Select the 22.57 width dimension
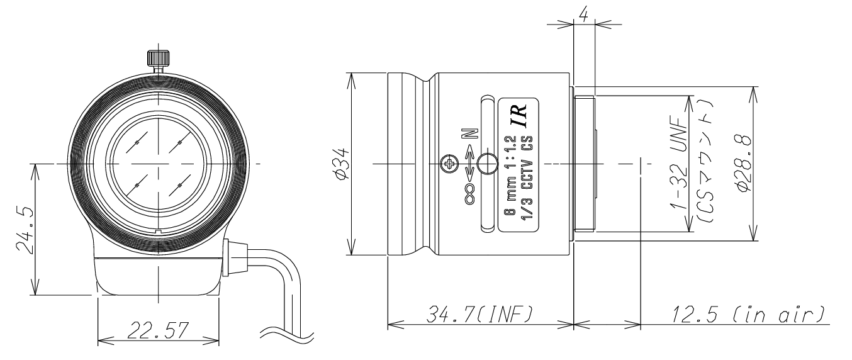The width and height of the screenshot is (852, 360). (158, 330)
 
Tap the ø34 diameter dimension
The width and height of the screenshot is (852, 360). (341, 164)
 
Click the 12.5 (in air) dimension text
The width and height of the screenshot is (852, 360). (748, 315)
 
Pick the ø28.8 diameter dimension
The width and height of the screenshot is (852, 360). (744, 164)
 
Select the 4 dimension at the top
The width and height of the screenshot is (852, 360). (584, 16)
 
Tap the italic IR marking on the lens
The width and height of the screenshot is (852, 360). (518, 115)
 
